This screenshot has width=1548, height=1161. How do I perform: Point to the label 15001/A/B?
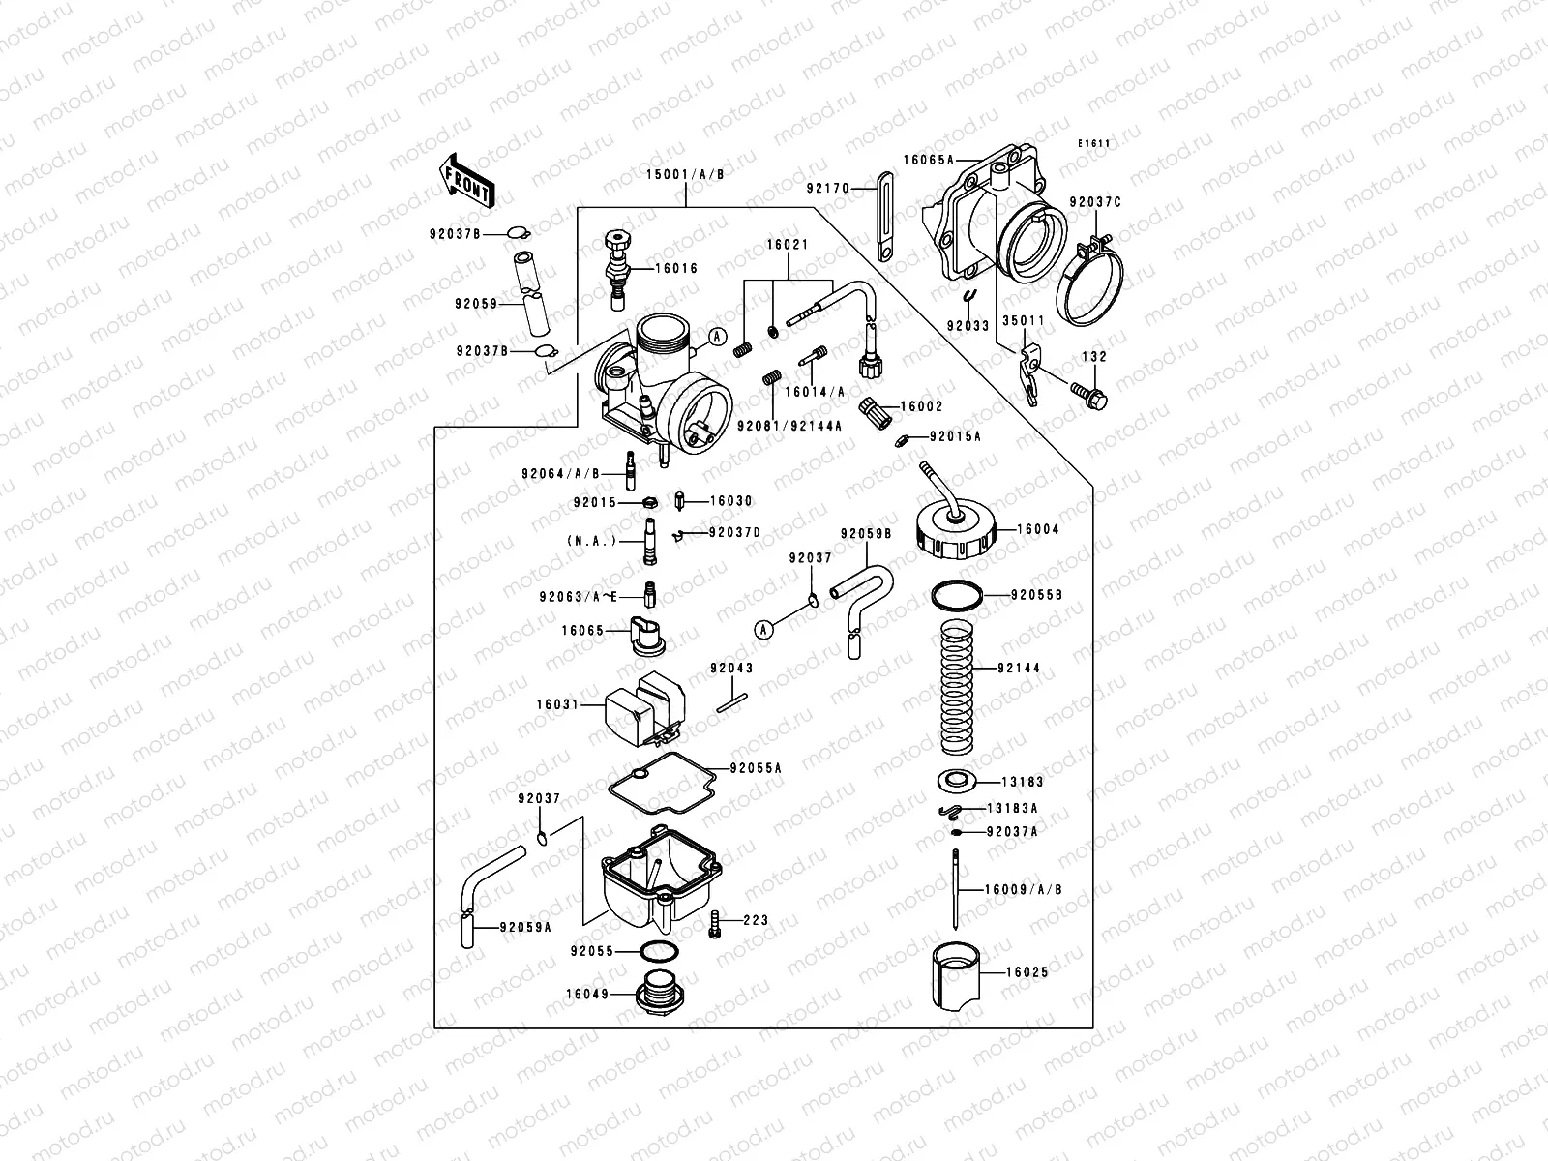685,175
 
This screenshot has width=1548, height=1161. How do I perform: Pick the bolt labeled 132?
1089,393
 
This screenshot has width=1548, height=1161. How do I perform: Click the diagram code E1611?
1095,144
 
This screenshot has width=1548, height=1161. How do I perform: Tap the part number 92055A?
756,767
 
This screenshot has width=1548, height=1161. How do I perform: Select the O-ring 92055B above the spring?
958,596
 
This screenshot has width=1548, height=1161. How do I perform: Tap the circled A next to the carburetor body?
717,336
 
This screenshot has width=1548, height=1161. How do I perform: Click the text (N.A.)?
591,541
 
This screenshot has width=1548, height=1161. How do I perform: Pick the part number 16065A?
929,161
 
